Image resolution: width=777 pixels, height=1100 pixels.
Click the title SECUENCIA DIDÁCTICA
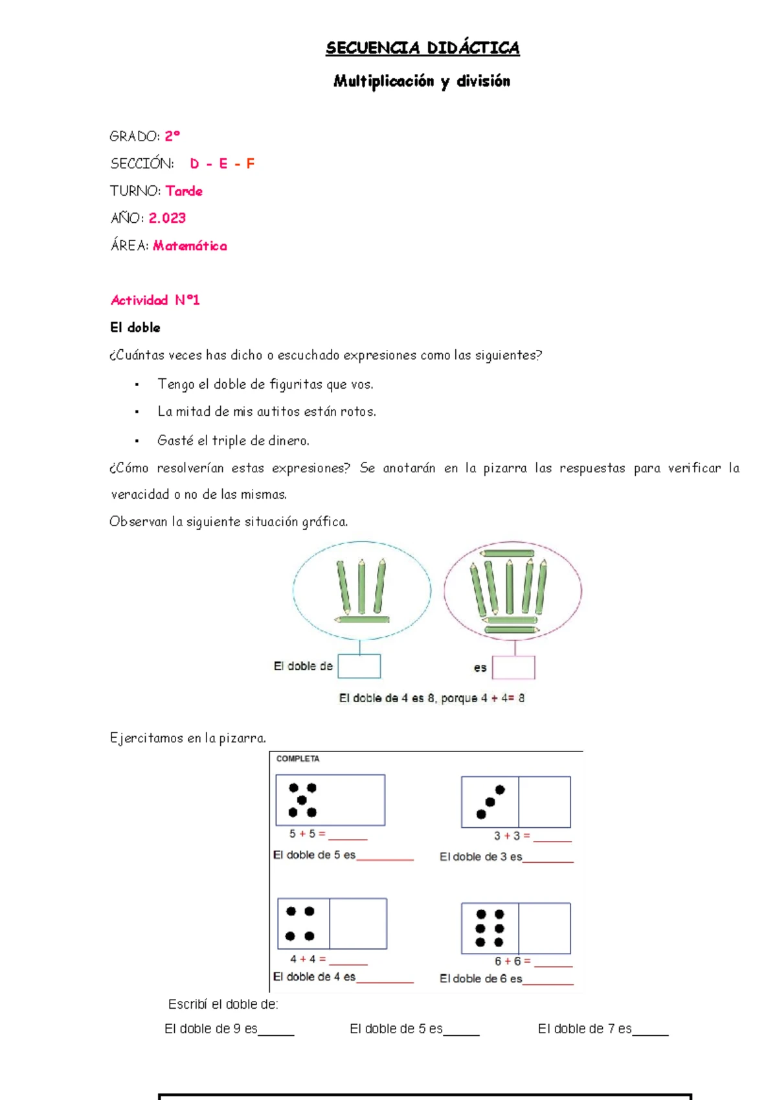(x=422, y=48)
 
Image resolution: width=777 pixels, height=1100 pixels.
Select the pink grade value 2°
(x=172, y=136)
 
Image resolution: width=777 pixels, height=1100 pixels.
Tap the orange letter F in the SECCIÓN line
(x=250, y=164)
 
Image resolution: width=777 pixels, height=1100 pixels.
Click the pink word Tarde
(x=184, y=191)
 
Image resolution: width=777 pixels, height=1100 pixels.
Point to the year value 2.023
(x=167, y=218)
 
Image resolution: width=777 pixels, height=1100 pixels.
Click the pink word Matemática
(x=190, y=246)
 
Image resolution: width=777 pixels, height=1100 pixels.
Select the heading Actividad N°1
(x=155, y=300)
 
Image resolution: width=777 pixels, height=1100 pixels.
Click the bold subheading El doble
(x=135, y=328)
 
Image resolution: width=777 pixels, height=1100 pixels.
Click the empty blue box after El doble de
(x=359, y=666)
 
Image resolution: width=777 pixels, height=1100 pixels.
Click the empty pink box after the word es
(x=513, y=667)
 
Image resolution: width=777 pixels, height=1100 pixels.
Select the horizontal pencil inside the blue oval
(x=362, y=619)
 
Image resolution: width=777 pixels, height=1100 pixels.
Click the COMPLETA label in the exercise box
(x=298, y=759)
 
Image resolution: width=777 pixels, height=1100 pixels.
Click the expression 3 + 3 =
(x=512, y=836)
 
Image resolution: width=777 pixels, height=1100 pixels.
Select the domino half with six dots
(x=490, y=928)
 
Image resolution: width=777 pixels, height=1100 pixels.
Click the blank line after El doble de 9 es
(x=276, y=1031)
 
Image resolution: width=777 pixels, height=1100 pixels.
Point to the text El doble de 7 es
(x=584, y=1029)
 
